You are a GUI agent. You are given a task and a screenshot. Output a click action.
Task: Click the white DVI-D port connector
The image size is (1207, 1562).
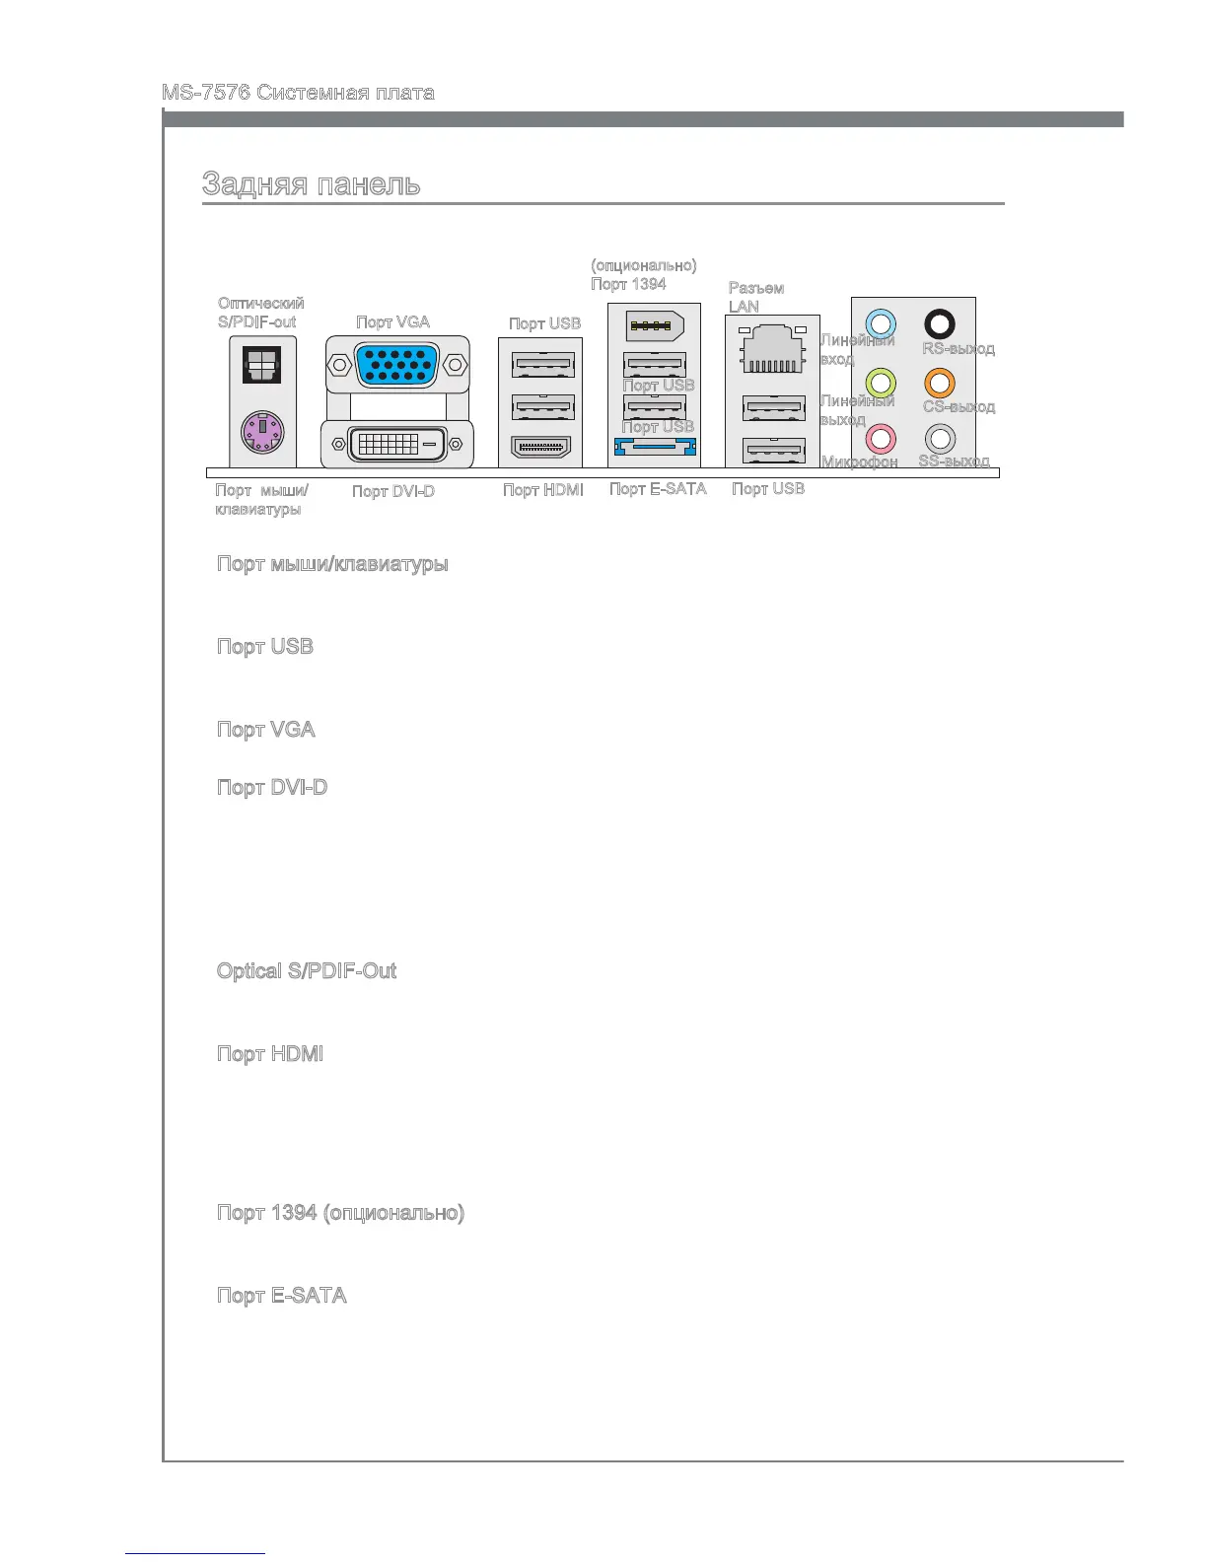point(396,445)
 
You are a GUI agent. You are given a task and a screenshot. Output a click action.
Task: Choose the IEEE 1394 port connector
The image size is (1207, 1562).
point(655,325)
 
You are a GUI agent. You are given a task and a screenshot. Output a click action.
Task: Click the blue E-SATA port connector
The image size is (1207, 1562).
point(655,448)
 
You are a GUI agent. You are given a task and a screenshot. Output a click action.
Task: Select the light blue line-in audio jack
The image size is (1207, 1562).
point(880,323)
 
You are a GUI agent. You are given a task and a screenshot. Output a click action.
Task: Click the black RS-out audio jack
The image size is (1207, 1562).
point(940,323)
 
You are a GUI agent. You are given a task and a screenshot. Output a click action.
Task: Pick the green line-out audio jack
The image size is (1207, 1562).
point(880,382)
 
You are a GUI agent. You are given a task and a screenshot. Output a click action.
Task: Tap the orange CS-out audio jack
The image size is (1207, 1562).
point(940,382)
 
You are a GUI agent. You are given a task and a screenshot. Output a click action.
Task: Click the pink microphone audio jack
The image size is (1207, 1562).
point(880,437)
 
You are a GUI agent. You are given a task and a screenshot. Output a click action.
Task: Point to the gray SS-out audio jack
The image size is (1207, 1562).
point(940,437)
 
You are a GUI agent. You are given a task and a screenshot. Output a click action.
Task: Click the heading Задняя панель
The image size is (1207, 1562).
point(312,184)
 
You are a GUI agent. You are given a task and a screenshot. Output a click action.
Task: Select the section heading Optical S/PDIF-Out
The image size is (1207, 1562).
point(307,971)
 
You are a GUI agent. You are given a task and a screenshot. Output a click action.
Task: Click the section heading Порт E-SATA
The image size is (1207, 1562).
point(282,1296)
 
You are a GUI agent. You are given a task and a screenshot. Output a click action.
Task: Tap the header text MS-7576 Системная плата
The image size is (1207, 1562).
point(298,94)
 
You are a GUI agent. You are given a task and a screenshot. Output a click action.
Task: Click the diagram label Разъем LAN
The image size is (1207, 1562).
point(755,297)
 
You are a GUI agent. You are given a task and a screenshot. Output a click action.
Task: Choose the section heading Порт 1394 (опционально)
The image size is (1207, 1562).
point(340,1213)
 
